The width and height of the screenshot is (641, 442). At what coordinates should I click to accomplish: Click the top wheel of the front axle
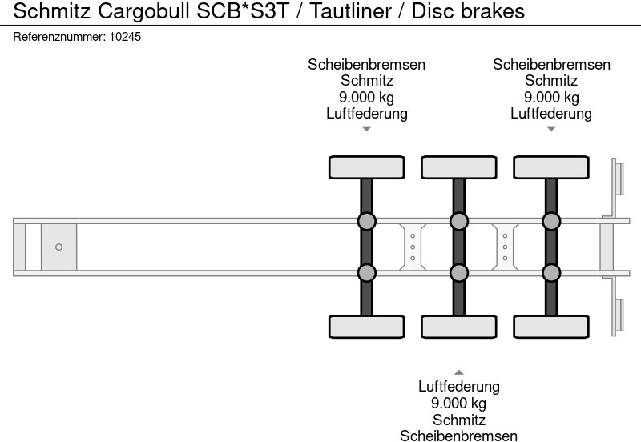(366, 167)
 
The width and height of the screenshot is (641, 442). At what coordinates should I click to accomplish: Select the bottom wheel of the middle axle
(458, 327)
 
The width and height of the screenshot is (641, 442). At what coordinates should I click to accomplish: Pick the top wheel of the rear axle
(551, 167)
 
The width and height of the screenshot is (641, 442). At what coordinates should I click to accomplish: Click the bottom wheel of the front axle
(366, 327)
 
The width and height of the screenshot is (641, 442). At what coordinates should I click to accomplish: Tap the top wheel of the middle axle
(458, 167)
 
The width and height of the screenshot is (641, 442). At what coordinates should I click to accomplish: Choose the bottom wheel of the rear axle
(551, 327)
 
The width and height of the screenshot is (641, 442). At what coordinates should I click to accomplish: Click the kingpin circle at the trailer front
(58, 247)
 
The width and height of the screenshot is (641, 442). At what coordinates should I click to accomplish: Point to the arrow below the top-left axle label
(366, 129)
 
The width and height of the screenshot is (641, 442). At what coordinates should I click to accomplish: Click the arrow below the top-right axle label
(551, 129)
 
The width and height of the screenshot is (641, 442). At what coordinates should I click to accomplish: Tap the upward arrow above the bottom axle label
(458, 372)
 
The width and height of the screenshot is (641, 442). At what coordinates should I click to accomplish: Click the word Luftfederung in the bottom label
(458, 387)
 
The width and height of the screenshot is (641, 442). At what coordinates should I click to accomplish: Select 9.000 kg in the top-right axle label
(551, 98)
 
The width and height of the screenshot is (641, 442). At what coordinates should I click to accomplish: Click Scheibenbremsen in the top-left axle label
(366, 65)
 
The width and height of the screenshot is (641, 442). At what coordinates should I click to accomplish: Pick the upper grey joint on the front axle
(366, 221)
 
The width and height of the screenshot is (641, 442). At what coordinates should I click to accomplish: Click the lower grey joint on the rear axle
(551, 273)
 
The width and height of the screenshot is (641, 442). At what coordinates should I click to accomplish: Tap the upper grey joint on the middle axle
(458, 221)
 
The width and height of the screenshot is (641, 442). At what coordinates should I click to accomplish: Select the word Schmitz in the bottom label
(458, 420)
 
